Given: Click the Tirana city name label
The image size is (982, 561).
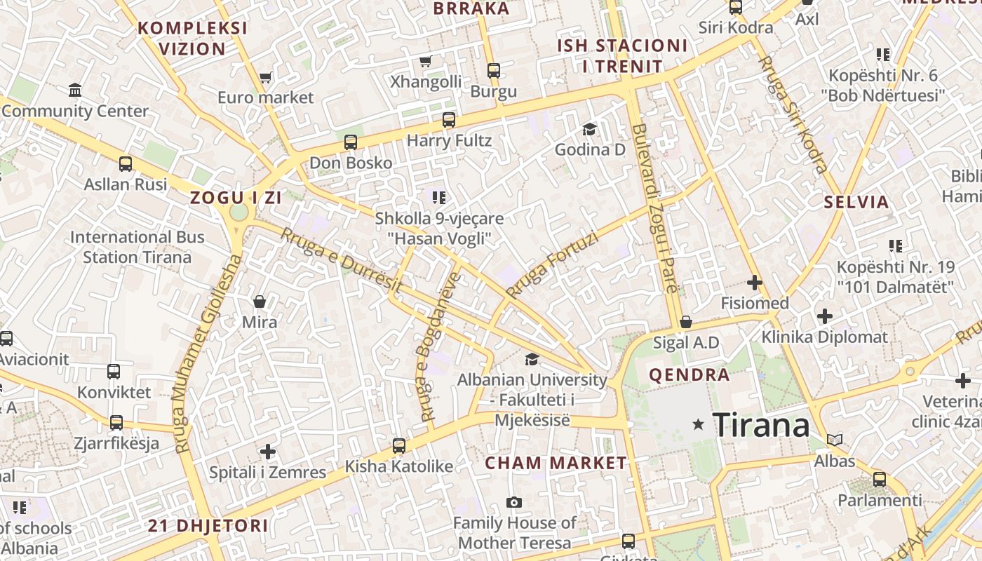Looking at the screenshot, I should (x=761, y=425).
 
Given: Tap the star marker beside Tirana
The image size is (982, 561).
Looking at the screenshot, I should (x=698, y=424).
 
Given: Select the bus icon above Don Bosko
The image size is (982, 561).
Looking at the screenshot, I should (x=351, y=142).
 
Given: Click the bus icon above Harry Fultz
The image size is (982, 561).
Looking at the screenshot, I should (x=449, y=120).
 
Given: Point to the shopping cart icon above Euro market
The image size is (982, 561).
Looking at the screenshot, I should (x=265, y=77).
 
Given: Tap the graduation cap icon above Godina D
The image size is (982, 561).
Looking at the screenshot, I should (x=589, y=129).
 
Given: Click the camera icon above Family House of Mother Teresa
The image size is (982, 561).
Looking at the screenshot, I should (x=514, y=502).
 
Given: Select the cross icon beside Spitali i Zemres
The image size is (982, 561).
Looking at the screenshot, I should (x=267, y=452).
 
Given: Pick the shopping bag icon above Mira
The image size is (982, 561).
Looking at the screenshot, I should (x=260, y=302).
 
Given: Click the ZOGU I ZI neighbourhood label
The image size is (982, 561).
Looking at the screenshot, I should (x=236, y=198).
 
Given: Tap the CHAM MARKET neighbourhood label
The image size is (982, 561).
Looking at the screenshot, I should (x=556, y=463).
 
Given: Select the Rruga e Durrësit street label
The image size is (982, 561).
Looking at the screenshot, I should (x=342, y=260).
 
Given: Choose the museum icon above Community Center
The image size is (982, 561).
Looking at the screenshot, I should (x=75, y=90).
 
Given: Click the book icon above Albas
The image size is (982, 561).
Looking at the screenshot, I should (x=834, y=440).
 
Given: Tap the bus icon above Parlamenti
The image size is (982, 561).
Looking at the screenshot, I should (x=880, y=480).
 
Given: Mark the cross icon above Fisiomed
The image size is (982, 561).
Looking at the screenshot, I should (x=755, y=283).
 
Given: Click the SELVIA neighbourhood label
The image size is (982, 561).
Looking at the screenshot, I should (x=856, y=203).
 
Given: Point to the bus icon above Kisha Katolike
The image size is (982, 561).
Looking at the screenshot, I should (x=399, y=445).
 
